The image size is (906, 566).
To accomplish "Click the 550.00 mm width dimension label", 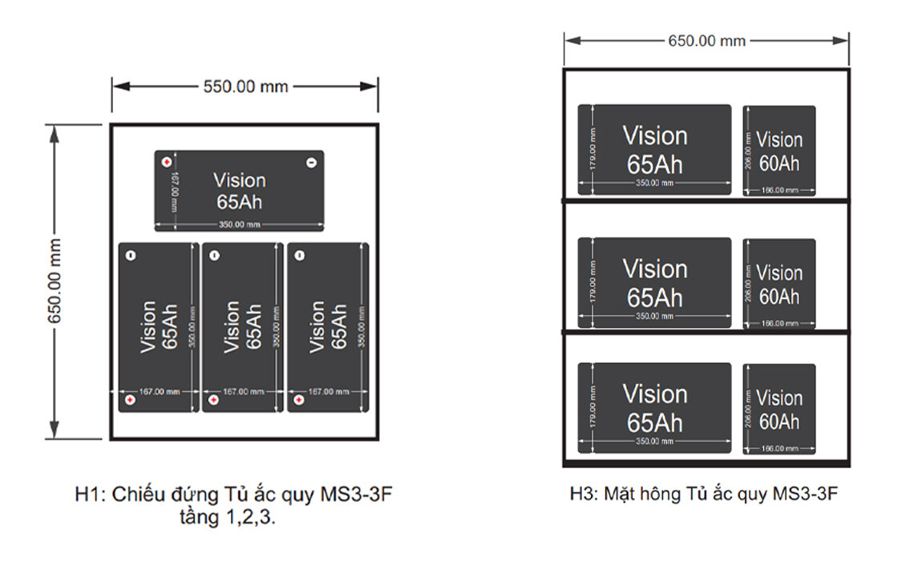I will (x=245, y=87).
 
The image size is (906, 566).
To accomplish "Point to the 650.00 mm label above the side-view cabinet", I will (x=706, y=40).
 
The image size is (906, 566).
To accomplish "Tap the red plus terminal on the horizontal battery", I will (x=167, y=162).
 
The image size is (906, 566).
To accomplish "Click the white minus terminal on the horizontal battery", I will (x=311, y=162).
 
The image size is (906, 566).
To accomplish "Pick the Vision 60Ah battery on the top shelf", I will (x=779, y=150).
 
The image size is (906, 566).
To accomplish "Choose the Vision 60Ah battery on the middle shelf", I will (x=779, y=283).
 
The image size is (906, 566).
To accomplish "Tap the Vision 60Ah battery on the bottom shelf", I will (x=779, y=408).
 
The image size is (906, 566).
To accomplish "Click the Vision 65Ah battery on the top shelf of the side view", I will (x=655, y=149).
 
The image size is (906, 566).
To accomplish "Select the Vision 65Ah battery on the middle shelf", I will (x=655, y=282).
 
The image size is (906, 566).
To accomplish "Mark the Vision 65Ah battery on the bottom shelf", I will (x=655, y=407).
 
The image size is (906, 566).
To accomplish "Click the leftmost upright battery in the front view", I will (x=158, y=327).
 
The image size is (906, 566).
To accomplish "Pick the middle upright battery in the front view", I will (x=242, y=327).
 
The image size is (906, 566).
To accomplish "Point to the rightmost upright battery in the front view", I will (x=327, y=327).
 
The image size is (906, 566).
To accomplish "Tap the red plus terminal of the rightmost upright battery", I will (x=298, y=399).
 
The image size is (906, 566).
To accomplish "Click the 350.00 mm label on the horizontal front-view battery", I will (x=238, y=224).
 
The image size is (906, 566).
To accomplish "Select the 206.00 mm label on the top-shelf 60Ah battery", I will (x=748, y=150).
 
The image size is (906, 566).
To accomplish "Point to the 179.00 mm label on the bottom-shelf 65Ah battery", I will (x=592, y=407).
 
